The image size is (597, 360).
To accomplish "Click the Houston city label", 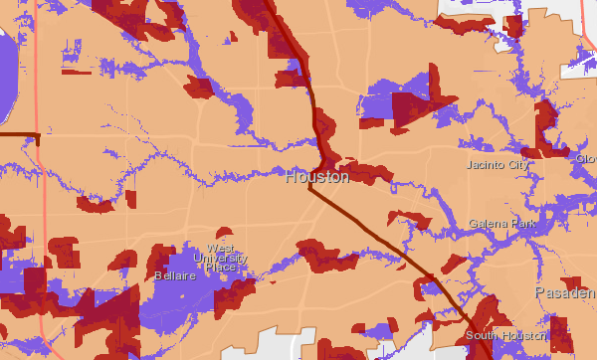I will point(316,177).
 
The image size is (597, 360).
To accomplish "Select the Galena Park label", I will point(502,224).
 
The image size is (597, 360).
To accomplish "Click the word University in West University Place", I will point(220,258).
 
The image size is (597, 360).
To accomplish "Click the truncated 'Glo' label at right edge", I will point(585,159).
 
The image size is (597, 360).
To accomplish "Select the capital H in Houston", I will point(291,177).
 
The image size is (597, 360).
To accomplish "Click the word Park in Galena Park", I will point(521,224).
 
